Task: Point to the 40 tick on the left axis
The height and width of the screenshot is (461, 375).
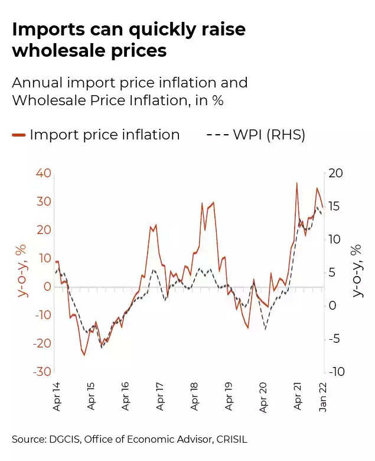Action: click(x=43, y=173)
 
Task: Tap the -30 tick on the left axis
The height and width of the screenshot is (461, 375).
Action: click(x=41, y=371)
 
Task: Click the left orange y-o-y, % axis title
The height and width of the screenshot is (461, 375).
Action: click(x=23, y=271)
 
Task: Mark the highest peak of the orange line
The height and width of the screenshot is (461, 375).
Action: click(x=297, y=183)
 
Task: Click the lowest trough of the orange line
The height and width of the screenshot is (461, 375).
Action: click(x=84, y=355)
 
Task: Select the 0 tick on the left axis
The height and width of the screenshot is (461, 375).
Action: click(x=47, y=286)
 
